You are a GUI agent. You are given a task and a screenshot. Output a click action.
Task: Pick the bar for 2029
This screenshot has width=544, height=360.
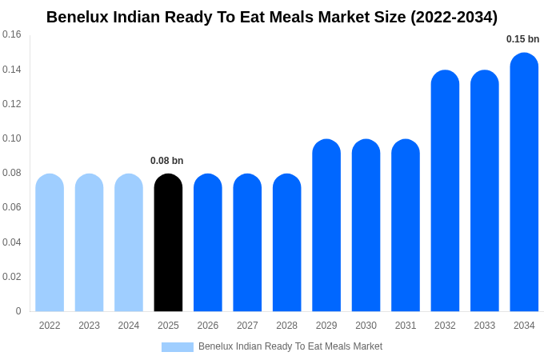coord(326,226)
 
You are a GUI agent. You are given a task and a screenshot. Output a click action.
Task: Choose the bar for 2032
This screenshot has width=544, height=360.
coord(445,191)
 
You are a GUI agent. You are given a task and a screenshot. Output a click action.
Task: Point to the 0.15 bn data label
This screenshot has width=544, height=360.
coord(522,39)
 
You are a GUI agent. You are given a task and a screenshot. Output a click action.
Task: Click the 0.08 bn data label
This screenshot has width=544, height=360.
coord(166,161)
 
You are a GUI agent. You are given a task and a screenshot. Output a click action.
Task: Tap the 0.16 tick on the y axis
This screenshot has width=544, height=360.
coord(12,34)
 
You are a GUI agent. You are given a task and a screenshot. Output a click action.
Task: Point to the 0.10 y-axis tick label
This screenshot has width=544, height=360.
coord(12,138)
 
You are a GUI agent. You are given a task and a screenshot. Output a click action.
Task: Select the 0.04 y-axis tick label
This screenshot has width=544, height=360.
coord(12,242)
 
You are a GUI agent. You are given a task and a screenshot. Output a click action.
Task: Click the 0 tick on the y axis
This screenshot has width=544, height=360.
coord(18,311)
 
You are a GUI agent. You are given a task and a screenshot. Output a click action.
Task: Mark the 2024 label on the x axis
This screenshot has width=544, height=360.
coord(129,326)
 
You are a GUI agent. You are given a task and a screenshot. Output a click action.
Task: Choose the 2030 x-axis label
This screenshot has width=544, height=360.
coord(366,326)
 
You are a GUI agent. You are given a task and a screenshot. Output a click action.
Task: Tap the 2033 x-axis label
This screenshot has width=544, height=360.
coord(484,326)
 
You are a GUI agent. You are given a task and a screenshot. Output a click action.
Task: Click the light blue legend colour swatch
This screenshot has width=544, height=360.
coord(178,347)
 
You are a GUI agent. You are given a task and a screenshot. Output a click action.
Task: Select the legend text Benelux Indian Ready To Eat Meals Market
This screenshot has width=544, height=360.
coord(290,346)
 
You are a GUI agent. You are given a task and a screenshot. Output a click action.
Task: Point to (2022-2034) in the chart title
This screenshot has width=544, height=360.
coord(454,17)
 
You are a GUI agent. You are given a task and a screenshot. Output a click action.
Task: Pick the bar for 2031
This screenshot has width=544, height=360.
coord(406,226)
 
